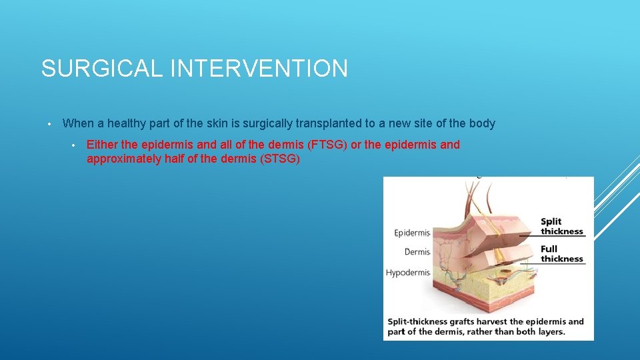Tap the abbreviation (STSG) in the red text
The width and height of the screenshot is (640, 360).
(278, 159)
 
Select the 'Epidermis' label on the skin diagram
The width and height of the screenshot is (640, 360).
(412, 233)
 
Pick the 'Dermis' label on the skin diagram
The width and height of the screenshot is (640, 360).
(417, 252)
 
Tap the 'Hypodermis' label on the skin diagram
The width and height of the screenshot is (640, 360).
(408, 273)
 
